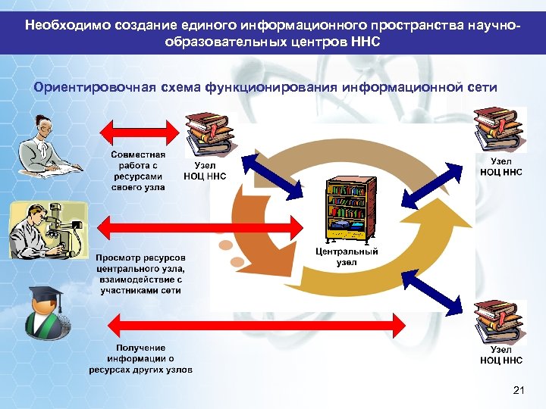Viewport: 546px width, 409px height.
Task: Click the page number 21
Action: tap(519, 390)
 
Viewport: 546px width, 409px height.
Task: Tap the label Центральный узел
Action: tap(347, 258)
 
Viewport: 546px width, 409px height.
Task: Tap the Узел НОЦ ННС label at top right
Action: tap(501, 167)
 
